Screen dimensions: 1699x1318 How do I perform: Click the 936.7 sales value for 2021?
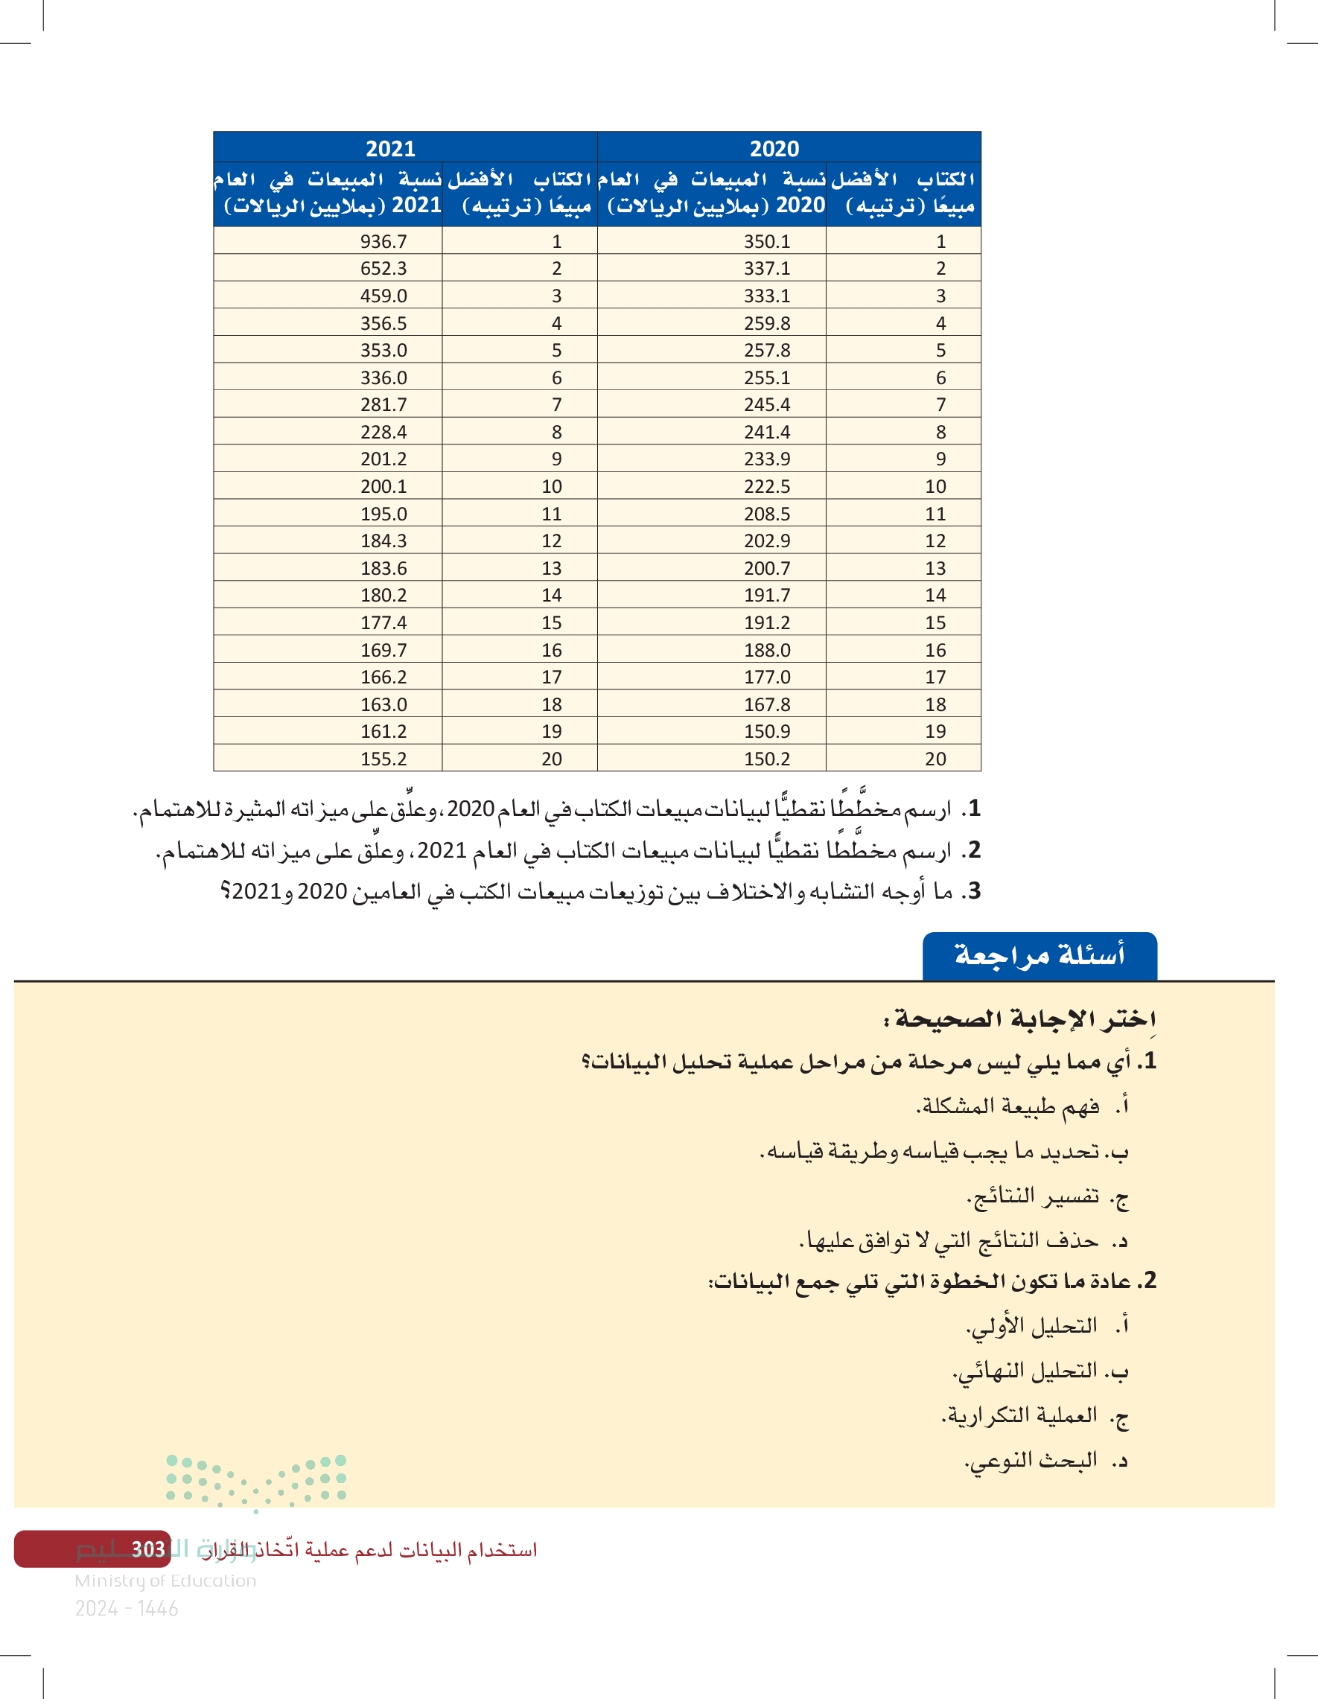pyautogui.click(x=383, y=241)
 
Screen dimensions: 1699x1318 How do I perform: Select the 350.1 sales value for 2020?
pyautogui.click(x=767, y=241)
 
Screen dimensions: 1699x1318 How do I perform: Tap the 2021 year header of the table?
pyautogui.click(x=391, y=148)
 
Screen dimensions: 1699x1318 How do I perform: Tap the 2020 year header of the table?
pyautogui.click(x=774, y=148)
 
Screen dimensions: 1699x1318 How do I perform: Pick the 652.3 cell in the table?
pyautogui.click(x=383, y=268)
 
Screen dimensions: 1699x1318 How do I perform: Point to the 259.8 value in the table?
pyautogui.click(x=767, y=323)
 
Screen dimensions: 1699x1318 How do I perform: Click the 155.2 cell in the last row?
pyautogui.click(x=383, y=759)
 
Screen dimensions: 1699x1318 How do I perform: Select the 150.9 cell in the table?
pyautogui.click(x=767, y=731)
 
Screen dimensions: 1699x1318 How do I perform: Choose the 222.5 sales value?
pyautogui.click(x=767, y=486)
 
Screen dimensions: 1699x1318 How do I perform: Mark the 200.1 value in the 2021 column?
pyautogui.click(x=383, y=486)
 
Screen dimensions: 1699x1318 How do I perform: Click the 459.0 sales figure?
pyautogui.click(x=383, y=296)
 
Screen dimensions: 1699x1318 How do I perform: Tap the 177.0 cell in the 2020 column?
pyautogui.click(x=767, y=677)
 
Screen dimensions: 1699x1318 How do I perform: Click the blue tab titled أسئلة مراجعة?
pyautogui.click(x=1040, y=955)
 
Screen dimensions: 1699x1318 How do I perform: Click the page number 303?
pyautogui.click(x=148, y=1549)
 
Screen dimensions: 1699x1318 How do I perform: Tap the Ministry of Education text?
pyautogui.click(x=165, y=1580)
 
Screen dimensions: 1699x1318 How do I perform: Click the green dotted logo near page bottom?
pyautogui.click(x=256, y=1482)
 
